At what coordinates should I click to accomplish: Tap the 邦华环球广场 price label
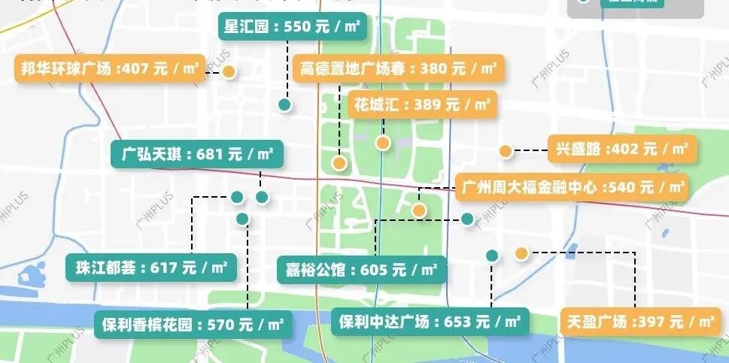(109, 69)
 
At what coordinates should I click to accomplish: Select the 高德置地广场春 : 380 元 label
(398, 69)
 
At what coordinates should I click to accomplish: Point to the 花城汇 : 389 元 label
(423, 104)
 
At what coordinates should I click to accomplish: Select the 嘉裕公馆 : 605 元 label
(362, 268)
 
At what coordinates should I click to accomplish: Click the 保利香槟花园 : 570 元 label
(193, 325)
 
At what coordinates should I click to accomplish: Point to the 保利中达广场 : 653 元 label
(430, 322)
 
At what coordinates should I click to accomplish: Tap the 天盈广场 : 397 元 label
(639, 322)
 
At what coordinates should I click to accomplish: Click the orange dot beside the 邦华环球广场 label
(229, 72)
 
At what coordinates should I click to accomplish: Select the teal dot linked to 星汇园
(284, 105)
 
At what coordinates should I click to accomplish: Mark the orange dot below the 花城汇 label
(383, 143)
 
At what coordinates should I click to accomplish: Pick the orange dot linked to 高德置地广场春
(339, 162)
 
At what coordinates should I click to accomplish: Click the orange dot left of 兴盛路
(506, 151)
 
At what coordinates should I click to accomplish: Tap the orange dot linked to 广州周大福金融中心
(419, 210)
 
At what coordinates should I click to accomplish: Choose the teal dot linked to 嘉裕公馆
(467, 219)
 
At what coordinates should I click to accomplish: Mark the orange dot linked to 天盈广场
(521, 253)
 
